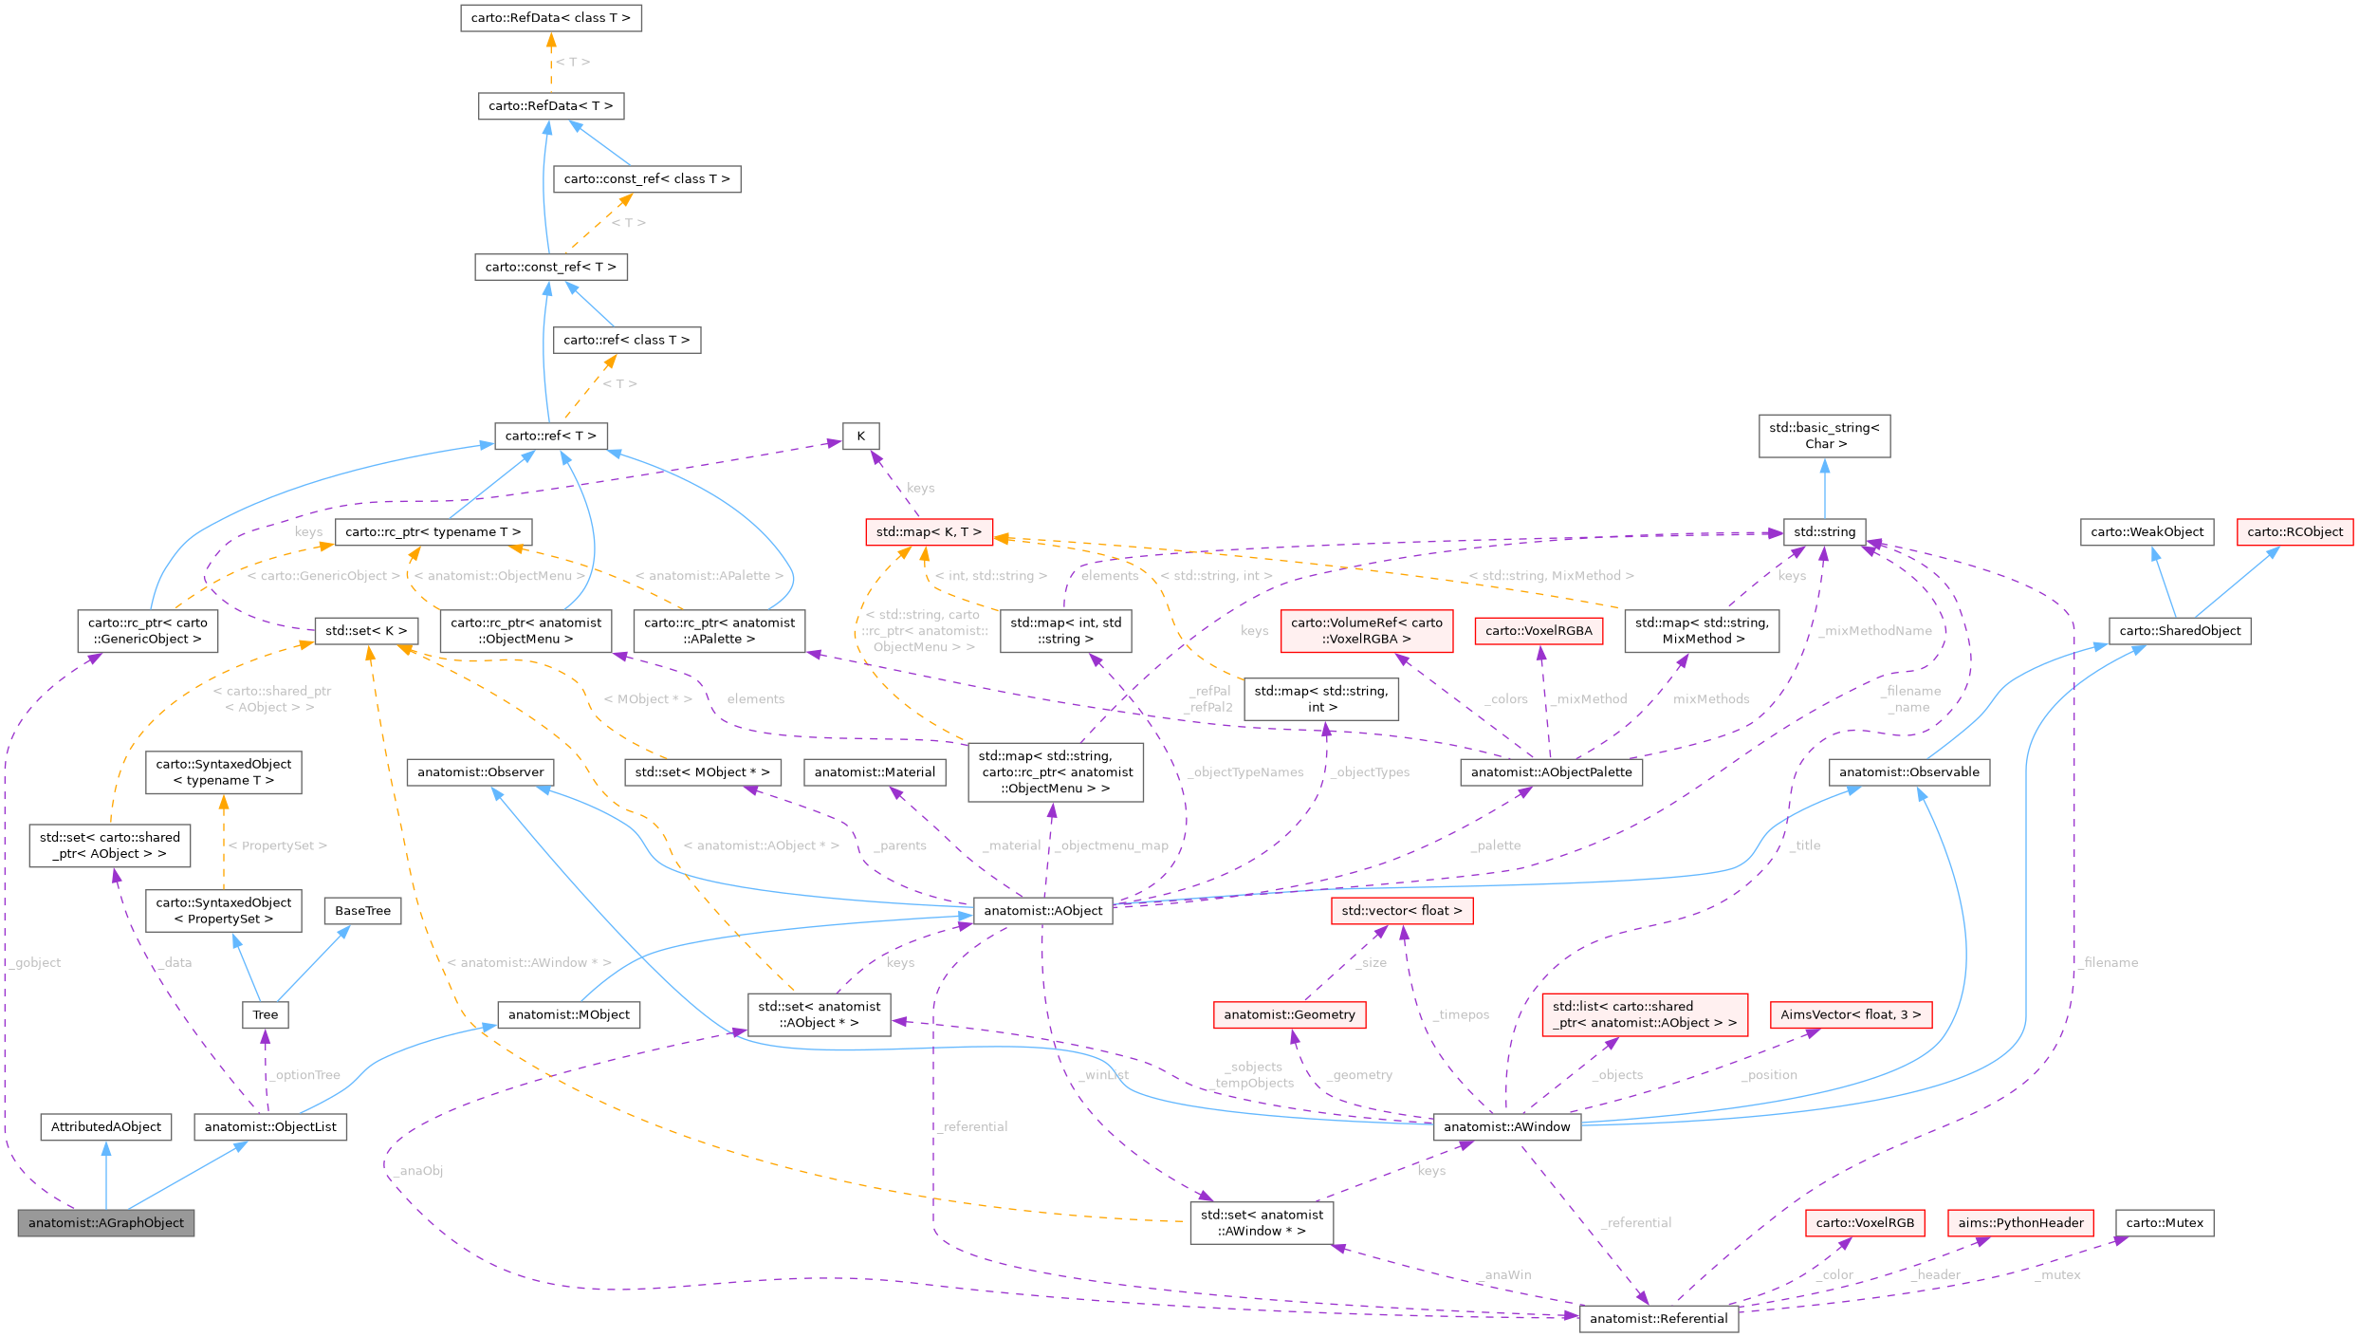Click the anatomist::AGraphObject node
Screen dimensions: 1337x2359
106,1222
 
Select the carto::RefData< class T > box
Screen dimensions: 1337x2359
551,18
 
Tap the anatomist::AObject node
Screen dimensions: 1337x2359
1042,911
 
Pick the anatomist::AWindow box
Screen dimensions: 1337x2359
1506,1126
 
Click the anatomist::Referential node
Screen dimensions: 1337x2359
1658,1318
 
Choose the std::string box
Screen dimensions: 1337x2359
1824,531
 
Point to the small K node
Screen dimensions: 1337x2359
860,436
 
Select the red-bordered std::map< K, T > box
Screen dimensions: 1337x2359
929,531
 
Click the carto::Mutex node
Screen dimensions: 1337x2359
2165,1222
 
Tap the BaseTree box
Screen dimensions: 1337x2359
362,911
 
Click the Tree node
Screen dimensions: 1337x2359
266,1014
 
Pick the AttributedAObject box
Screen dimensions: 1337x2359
106,1126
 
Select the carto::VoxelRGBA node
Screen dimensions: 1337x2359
1539,630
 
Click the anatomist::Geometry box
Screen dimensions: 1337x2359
1289,1014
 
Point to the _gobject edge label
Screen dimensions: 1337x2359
38,962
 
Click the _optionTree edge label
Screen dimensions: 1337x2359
306,1075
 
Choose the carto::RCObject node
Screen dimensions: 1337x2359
2294,531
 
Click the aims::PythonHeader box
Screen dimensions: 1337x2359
2020,1222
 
